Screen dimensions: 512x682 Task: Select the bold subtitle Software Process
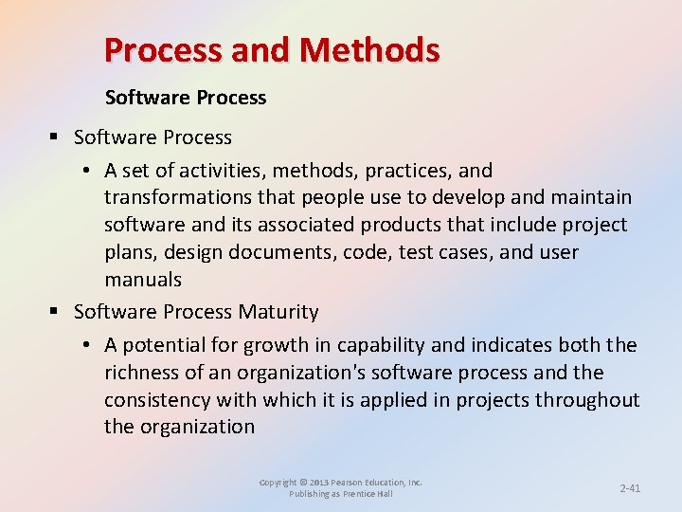(186, 98)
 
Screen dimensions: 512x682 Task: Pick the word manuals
(143, 279)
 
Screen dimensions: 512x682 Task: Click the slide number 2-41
(630, 488)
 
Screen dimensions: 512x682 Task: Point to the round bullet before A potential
(86, 345)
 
